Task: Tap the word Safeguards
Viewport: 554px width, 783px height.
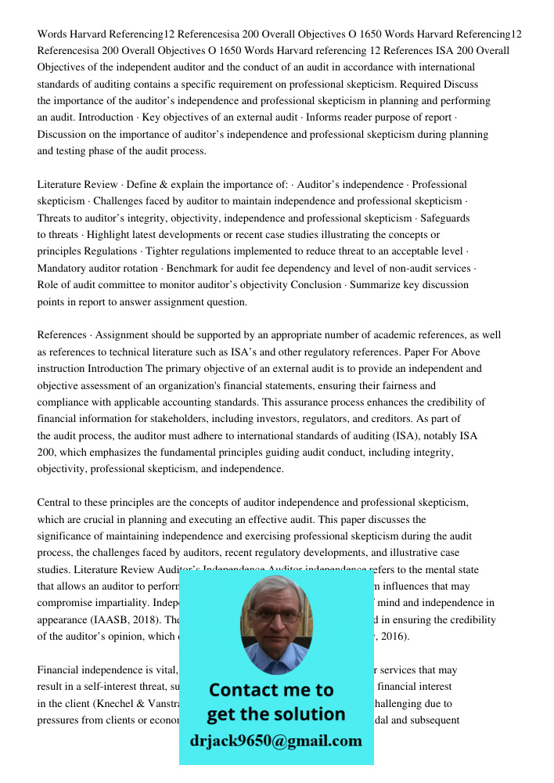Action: [x=444, y=218]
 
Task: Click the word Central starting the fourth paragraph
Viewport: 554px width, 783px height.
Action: [x=55, y=502]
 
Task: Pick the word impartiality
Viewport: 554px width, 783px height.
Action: [x=130, y=602]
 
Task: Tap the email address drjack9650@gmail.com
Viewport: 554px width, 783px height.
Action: [x=275, y=741]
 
